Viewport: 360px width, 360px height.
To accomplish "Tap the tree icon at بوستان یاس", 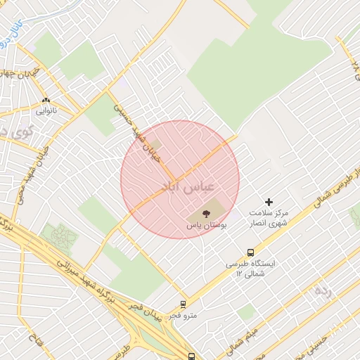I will (x=207, y=213).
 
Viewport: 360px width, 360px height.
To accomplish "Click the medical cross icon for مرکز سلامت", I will (x=269, y=202).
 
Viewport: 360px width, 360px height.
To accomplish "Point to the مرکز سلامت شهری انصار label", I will (x=269, y=217).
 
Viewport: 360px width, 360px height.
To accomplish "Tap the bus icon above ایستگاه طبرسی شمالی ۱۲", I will (x=250, y=253).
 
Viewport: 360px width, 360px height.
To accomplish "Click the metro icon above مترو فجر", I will (x=184, y=304).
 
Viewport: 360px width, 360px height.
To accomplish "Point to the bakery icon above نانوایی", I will (x=46, y=101).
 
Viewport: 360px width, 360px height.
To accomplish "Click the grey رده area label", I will (x=323, y=290).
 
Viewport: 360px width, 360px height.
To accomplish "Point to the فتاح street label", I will (x=34, y=344).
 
